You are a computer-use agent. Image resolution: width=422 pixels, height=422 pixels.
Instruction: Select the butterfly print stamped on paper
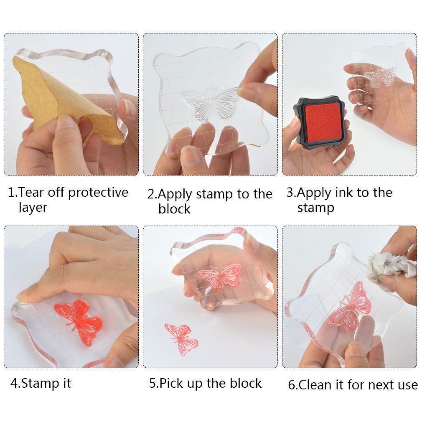pyautogui.click(x=181, y=338)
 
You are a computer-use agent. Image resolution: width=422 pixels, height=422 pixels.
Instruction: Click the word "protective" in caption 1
pyautogui.click(x=98, y=193)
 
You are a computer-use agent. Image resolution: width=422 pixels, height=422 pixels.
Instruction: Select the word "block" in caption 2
pyautogui.click(x=174, y=209)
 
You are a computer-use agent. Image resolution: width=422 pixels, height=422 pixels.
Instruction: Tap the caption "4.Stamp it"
pyautogui.click(x=41, y=383)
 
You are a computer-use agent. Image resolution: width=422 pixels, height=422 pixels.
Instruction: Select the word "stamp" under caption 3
pyautogui.click(x=315, y=208)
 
